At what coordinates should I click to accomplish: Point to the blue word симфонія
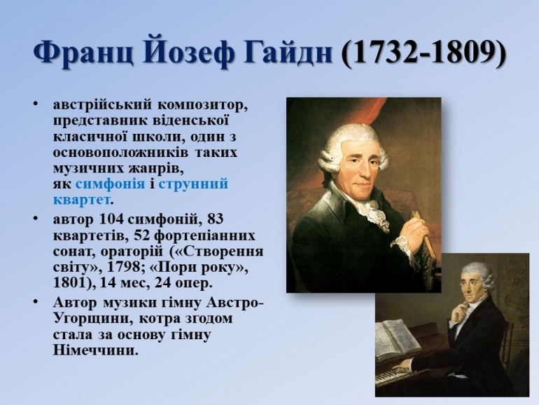(x=110, y=184)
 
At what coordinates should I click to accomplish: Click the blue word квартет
(x=82, y=200)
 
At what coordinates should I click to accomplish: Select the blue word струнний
(x=193, y=184)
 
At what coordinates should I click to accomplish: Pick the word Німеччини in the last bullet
(x=93, y=350)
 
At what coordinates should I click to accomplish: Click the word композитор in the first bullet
(x=202, y=105)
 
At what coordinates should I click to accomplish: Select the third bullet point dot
(x=36, y=301)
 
